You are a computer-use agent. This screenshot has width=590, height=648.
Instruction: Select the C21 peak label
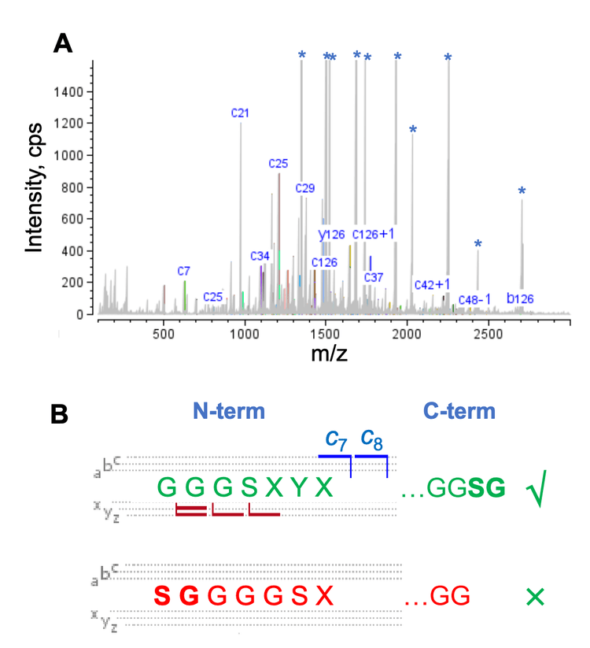240,113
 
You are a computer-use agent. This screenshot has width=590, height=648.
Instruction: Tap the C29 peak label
305,187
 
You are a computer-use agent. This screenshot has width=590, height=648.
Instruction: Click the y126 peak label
331,234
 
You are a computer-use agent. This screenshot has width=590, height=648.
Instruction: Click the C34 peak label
260,256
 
